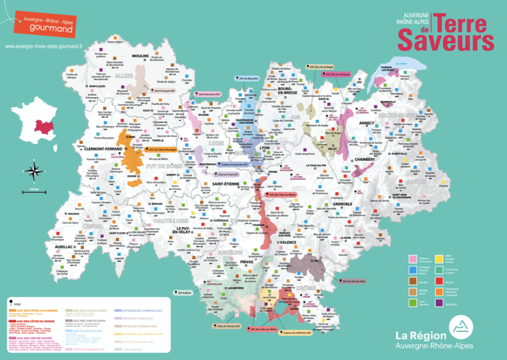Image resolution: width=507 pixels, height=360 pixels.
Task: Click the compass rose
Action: click(x=33, y=172)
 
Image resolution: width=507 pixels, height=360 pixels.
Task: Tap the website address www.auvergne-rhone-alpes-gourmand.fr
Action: click(x=44, y=47)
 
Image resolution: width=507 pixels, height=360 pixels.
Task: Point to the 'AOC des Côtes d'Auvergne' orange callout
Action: click(x=158, y=149)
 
